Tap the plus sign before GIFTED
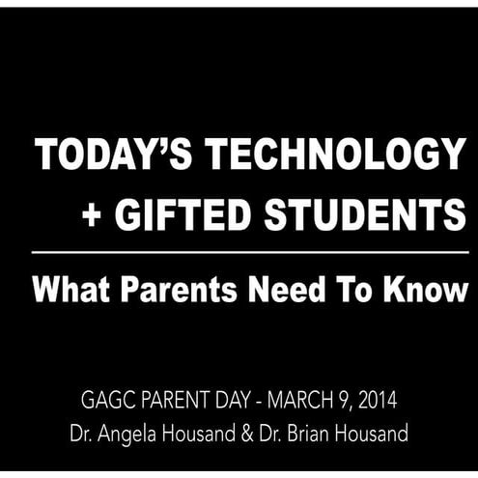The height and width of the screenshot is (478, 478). (93, 216)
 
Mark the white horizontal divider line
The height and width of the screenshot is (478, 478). (250, 252)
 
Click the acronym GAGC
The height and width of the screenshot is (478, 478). (113, 398)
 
